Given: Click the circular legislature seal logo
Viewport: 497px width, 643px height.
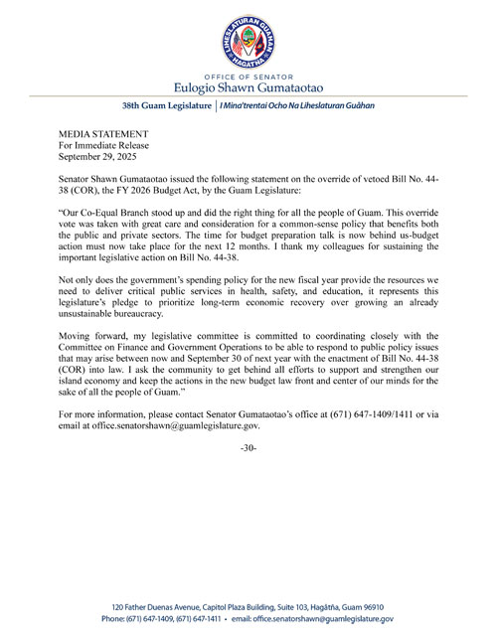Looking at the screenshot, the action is point(248,40).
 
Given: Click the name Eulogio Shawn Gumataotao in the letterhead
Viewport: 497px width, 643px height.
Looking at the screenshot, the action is point(248,86).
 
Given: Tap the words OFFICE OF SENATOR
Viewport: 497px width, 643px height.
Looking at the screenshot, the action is point(248,75).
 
